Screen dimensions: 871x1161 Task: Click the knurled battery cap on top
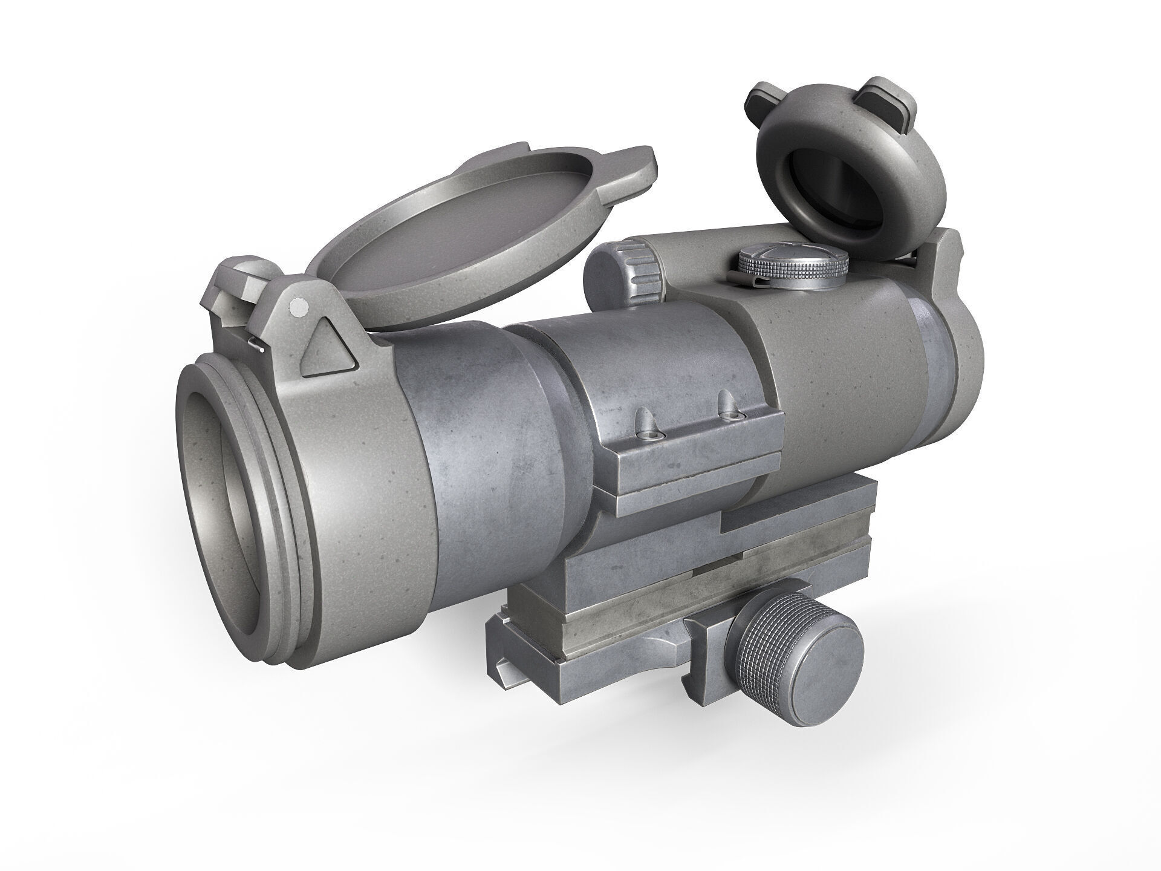click(792, 264)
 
